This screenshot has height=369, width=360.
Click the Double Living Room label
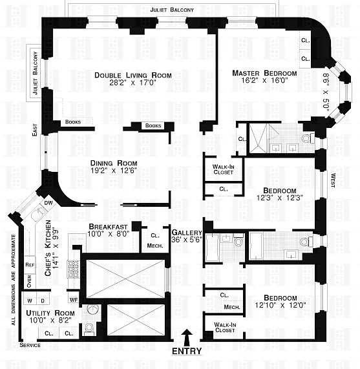click(133, 76)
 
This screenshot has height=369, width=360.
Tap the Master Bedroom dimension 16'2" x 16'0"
click(265, 81)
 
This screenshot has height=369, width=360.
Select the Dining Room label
click(114, 163)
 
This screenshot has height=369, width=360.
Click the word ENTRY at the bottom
click(187, 351)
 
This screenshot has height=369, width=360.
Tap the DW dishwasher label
click(48, 203)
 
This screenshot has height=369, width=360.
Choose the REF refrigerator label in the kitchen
click(30, 265)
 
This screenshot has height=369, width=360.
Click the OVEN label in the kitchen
click(29, 281)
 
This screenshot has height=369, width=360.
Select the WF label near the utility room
click(74, 300)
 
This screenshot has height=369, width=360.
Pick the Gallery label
click(187, 233)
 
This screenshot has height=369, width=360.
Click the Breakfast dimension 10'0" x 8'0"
click(108, 234)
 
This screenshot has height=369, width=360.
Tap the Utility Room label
click(50, 313)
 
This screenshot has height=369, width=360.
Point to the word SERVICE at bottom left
click(30, 345)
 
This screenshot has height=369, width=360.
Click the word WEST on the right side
click(333, 180)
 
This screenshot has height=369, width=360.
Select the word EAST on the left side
click(35, 130)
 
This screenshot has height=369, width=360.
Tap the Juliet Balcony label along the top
click(172, 10)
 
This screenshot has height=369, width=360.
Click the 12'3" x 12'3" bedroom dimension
click(279, 198)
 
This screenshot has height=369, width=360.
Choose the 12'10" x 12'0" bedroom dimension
click(281, 306)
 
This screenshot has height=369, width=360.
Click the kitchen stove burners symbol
click(74, 269)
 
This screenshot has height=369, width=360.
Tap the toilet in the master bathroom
click(308, 138)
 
